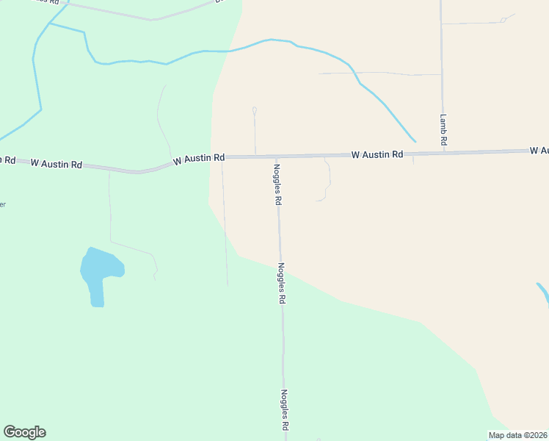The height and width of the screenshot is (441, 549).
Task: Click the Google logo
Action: point(24,432)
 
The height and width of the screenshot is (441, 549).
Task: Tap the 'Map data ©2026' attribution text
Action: point(517,435)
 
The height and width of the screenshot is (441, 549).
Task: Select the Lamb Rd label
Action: point(444,129)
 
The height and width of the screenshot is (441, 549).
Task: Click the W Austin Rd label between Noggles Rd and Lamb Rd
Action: point(377,154)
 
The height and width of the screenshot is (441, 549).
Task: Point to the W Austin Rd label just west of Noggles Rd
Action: point(199,158)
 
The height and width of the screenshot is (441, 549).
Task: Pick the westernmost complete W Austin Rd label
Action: point(56,164)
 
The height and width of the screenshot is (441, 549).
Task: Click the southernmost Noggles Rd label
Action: point(284,410)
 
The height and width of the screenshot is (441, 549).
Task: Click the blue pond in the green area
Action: point(98,273)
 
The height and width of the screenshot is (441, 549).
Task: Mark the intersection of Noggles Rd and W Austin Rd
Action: point(276,157)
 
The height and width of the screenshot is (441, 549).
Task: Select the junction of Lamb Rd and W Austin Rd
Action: point(443,153)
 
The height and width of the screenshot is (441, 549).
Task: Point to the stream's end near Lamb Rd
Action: point(415,141)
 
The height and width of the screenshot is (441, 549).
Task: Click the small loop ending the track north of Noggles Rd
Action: point(254,110)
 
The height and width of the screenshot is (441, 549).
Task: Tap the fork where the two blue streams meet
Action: point(49,24)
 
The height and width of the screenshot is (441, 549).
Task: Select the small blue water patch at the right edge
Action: point(543,291)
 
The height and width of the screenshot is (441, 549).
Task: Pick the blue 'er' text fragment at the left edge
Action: point(2,204)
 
